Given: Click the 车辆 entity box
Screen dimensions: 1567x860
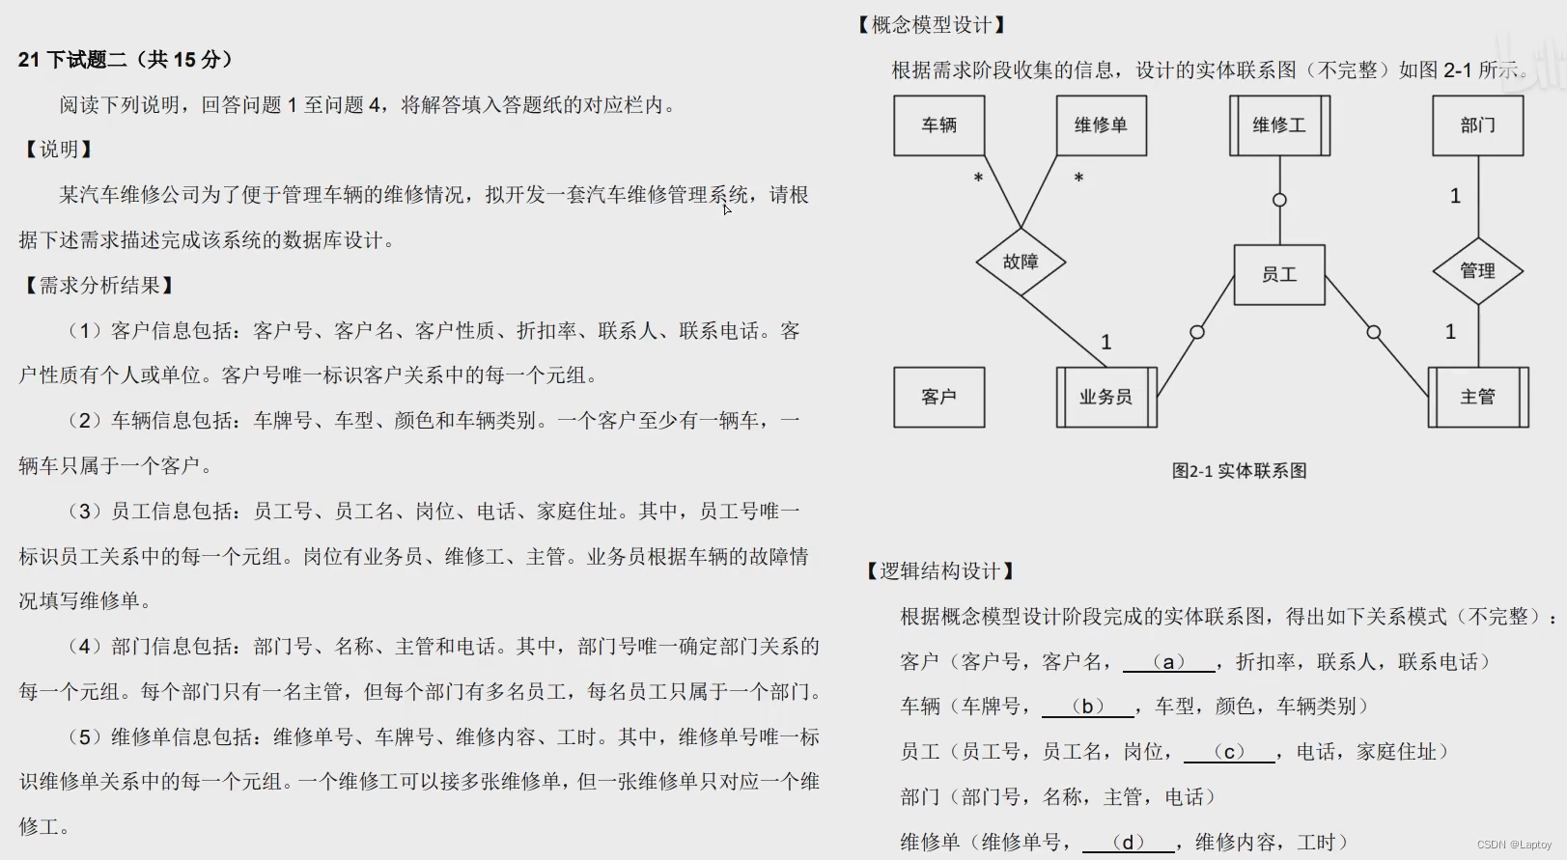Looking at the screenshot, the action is click(938, 125).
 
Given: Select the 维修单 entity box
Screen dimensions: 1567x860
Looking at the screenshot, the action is click(1101, 125).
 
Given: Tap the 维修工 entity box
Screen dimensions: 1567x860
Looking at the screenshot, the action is click(1279, 125).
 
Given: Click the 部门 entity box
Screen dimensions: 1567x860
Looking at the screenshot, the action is click(1478, 125).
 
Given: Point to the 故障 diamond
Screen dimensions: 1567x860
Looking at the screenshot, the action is click(1021, 262).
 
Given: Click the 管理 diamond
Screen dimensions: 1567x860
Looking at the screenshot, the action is click(1478, 271).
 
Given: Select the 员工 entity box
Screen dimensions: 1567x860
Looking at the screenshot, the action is click(1279, 275).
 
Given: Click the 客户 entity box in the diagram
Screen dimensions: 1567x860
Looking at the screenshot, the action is click(938, 397).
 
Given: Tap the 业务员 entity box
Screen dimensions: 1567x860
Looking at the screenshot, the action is click(1106, 397).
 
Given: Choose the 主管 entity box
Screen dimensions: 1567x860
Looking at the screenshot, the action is click(1478, 397).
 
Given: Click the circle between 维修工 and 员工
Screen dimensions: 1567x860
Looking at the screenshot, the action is click(1279, 200).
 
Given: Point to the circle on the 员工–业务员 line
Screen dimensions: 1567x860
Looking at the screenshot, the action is click(1197, 332).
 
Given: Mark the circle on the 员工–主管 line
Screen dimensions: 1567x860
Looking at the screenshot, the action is click(1374, 332).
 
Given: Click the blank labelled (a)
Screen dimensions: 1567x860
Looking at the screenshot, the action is click(1169, 662).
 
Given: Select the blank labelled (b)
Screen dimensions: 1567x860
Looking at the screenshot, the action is click(1088, 707).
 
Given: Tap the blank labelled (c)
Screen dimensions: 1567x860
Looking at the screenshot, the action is click(1229, 752).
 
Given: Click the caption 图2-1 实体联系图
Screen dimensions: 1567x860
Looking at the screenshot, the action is click(1239, 471).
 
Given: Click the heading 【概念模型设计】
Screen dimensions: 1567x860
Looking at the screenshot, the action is click(932, 25).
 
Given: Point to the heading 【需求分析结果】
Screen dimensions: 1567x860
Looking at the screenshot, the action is click(99, 286).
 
